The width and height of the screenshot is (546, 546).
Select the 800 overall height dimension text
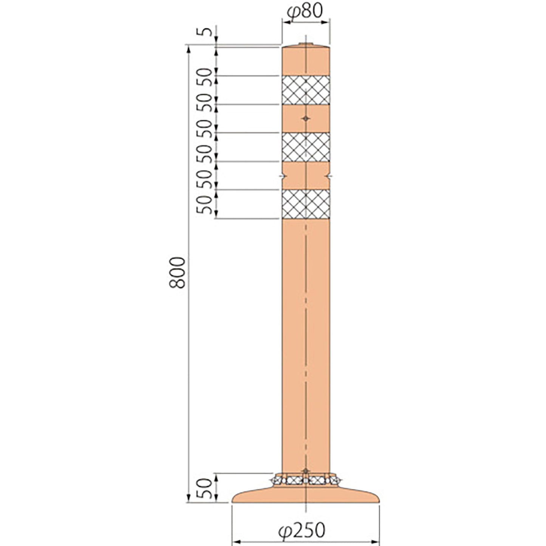coord(177,272)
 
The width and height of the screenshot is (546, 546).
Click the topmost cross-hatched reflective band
coord(306,90)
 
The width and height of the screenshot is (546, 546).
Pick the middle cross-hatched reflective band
coord(306,147)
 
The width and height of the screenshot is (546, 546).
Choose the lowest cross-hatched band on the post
coord(306,204)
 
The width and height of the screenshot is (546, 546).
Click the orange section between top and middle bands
coord(306,118)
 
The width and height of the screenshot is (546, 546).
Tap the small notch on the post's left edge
coord(282,176)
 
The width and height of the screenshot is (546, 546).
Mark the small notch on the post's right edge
coord(329,176)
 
